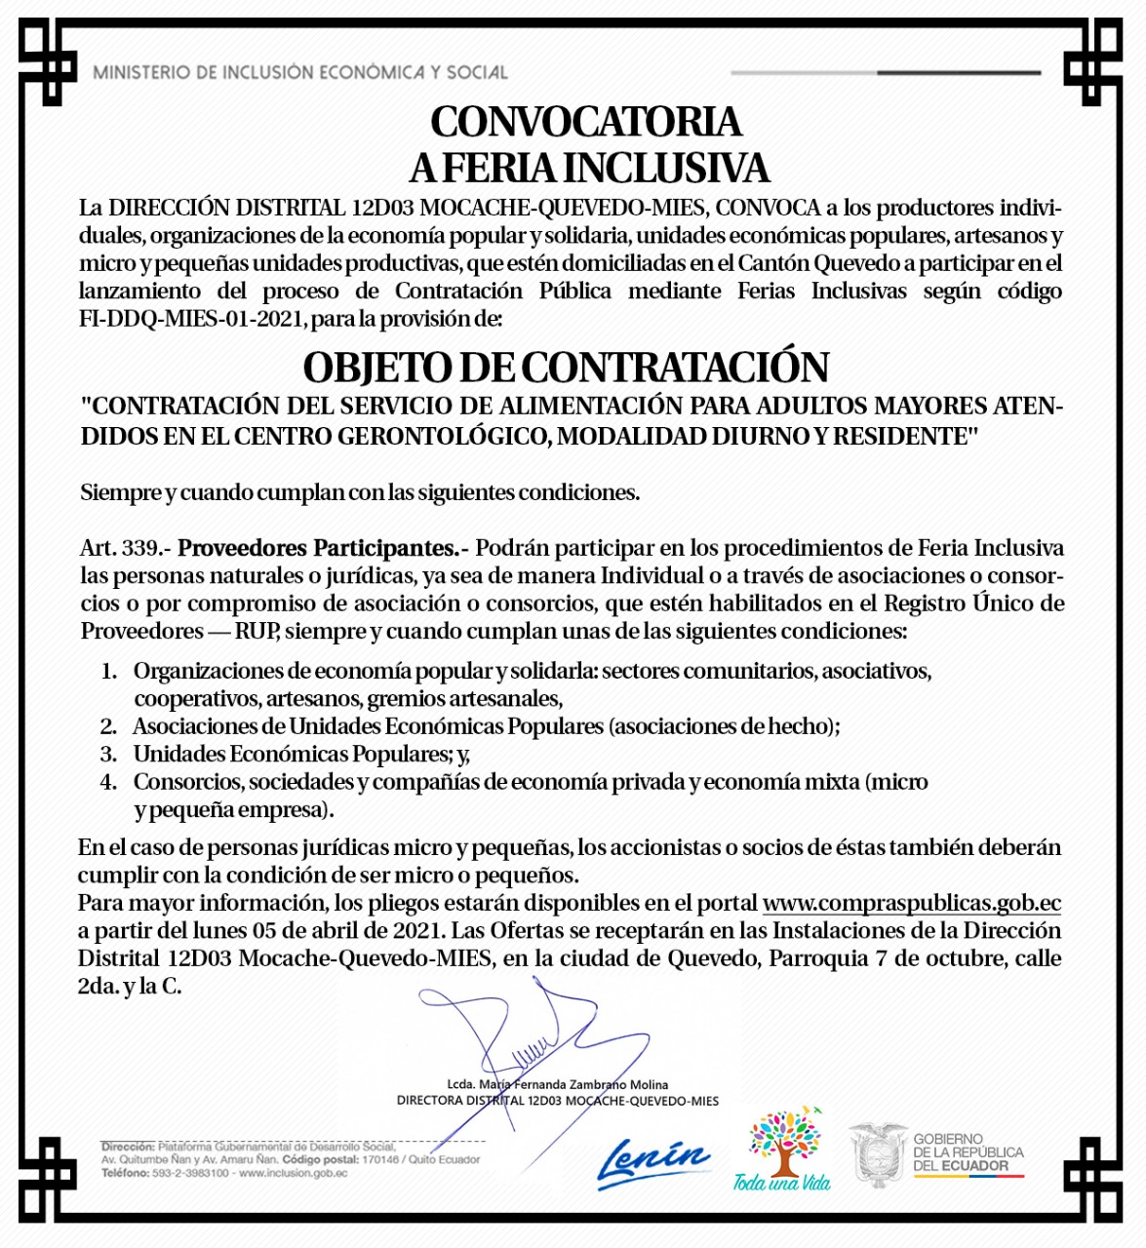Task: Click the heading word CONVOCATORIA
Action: click(x=586, y=123)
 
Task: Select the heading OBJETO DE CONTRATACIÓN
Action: click(x=566, y=368)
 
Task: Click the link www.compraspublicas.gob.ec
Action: click(x=911, y=903)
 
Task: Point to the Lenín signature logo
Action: click(x=652, y=1162)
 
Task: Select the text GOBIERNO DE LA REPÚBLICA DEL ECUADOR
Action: click(x=968, y=1152)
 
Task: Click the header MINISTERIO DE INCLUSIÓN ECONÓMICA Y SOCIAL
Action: click(x=300, y=72)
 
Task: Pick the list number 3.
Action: click(x=108, y=754)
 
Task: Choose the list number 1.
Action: click(x=108, y=671)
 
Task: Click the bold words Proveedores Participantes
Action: click(x=318, y=548)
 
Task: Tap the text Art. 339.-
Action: click(x=126, y=548)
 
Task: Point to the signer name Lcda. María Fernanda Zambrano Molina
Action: click(x=557, y=1084)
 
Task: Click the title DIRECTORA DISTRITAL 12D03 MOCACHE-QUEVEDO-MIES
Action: click(x=557, y=1101)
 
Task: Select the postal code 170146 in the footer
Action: click(x=380, y=1159)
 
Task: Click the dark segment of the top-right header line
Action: click(x=958, y=72)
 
